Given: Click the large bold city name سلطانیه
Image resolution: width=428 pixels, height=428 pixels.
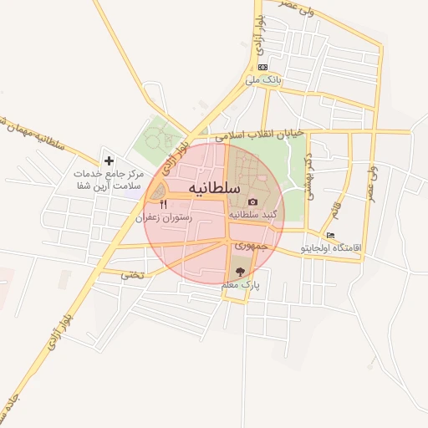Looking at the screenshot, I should (x=215, y=187).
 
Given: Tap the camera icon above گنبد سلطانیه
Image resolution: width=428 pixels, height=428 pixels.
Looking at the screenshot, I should (x=252, y=201).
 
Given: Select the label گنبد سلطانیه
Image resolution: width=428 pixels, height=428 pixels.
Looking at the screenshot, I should (x=252, y=215).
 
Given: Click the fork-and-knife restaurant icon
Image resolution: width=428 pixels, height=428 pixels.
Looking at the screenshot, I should (x=163, y=205).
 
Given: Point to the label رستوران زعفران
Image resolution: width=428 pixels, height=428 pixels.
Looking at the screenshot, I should (x=164, y=217).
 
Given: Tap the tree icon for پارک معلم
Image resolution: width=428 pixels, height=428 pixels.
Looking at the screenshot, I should (x=241, y=272).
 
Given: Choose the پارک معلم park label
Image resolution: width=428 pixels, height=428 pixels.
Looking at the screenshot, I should (x=241, y=285).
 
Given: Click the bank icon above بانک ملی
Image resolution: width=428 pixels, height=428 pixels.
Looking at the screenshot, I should (x=263, y=67).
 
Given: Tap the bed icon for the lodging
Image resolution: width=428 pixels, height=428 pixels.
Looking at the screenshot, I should (x=332, y=236).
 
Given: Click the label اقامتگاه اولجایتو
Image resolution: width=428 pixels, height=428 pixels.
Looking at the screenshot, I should (x=357, y=249).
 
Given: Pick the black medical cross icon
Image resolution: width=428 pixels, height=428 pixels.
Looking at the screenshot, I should (x=109, y=160).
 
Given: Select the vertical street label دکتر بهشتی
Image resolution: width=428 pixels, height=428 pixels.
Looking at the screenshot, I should (x=308, y=176).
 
